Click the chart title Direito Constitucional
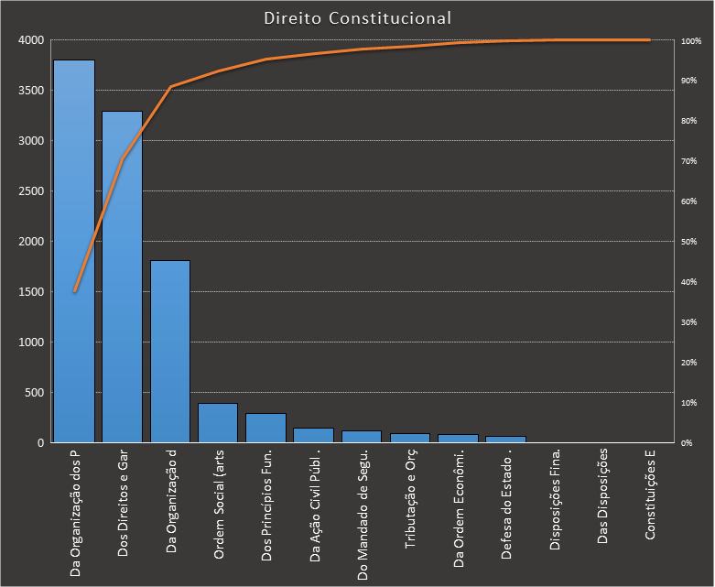[357, 17]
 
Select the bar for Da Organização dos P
[74, 252]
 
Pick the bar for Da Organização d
[170, 352]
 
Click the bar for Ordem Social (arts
[218, 423]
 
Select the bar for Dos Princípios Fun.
[265, 428]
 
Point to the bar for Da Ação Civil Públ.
[313, 435]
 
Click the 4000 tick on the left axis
[30, 40]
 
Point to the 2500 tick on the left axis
[30, 191]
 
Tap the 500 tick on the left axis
[33, 393]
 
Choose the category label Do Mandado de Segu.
[363, 516]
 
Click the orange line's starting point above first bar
[74, 291]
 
